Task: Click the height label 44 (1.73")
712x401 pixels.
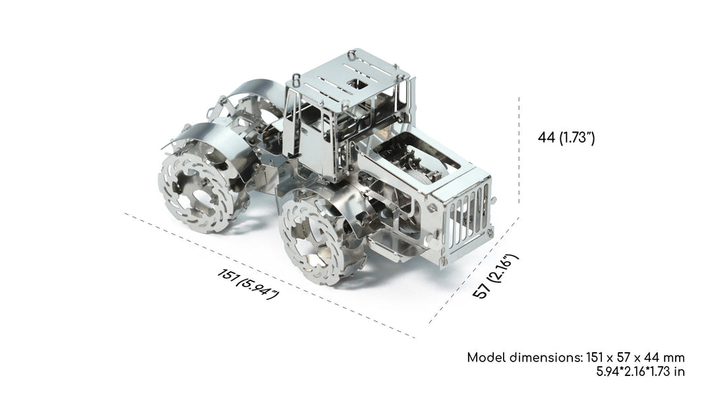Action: pos(566,137)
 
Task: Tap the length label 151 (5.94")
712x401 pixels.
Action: pos(248,284)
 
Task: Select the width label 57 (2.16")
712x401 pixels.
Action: pos(495,276)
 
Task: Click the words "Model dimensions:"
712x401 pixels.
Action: pos(525,357)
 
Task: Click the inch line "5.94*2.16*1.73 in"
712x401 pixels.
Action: pos(640,371)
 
